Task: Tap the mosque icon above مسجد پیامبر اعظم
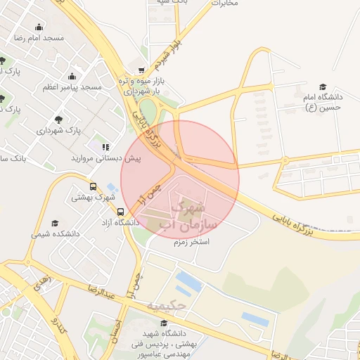tap(72, 77)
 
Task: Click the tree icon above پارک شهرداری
tap(58, 120)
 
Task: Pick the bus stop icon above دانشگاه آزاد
tap(121, 212)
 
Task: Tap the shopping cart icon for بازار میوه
tap(142, 70)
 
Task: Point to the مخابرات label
tap(224, 4)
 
